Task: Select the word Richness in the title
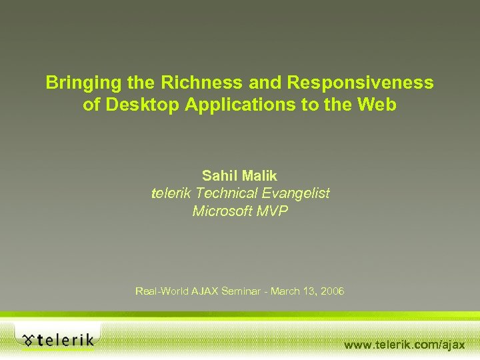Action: coord(193,83)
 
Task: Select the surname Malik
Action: coord(259,176)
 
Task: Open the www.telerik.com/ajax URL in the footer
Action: coord(404,345)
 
